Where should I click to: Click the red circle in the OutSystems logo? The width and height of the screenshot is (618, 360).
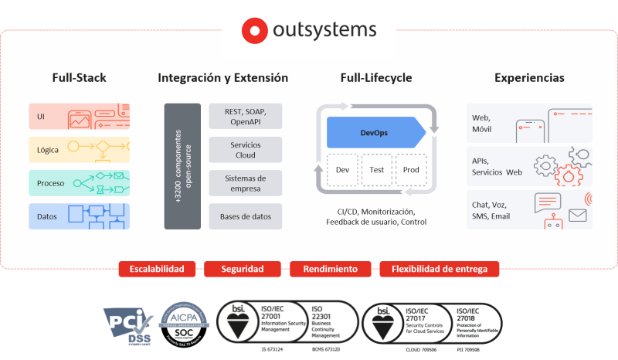coord(253,31)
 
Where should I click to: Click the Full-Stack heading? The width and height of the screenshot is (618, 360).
coord(79,78)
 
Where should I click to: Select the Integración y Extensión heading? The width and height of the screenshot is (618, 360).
coord(222,78)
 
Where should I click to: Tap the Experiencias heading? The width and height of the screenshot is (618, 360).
coord(529,78)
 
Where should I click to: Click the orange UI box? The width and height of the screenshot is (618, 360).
coord(79,117)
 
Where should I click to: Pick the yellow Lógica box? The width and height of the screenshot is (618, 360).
coord(79,150)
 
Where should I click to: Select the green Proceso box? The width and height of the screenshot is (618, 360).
coord(79,183)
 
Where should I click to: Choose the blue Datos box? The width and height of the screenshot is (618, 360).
coord(79,216)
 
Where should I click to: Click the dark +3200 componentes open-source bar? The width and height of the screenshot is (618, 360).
coord(182,165)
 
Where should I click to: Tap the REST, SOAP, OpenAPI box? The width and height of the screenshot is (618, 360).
coord(245,116)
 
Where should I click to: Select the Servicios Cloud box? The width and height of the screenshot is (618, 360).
coord(245,149)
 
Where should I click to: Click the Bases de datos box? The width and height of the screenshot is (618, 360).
coord(245,216)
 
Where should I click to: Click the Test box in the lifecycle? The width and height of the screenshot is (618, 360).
coord(376,169)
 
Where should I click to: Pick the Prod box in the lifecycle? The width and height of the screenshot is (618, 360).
coord(410,169)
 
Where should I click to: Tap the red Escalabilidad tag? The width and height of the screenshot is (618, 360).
coord(157,269)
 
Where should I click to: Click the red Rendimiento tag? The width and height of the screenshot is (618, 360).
coord(330,269)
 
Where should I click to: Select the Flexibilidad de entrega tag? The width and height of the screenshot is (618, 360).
coord(439,269)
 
